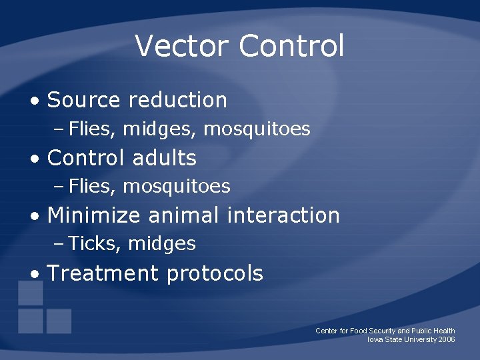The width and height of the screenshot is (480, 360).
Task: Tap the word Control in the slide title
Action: pos(291,46)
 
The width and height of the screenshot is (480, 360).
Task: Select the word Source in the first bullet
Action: pos(83,100)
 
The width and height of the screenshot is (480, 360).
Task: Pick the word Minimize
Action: pos(94,215)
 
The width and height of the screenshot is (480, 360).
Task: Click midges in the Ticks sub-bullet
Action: pos(162,244)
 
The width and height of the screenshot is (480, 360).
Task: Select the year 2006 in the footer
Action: pos(447,339)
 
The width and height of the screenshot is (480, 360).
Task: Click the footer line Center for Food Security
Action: pos(385,331)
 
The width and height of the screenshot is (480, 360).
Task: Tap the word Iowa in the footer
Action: pos(375,339)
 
